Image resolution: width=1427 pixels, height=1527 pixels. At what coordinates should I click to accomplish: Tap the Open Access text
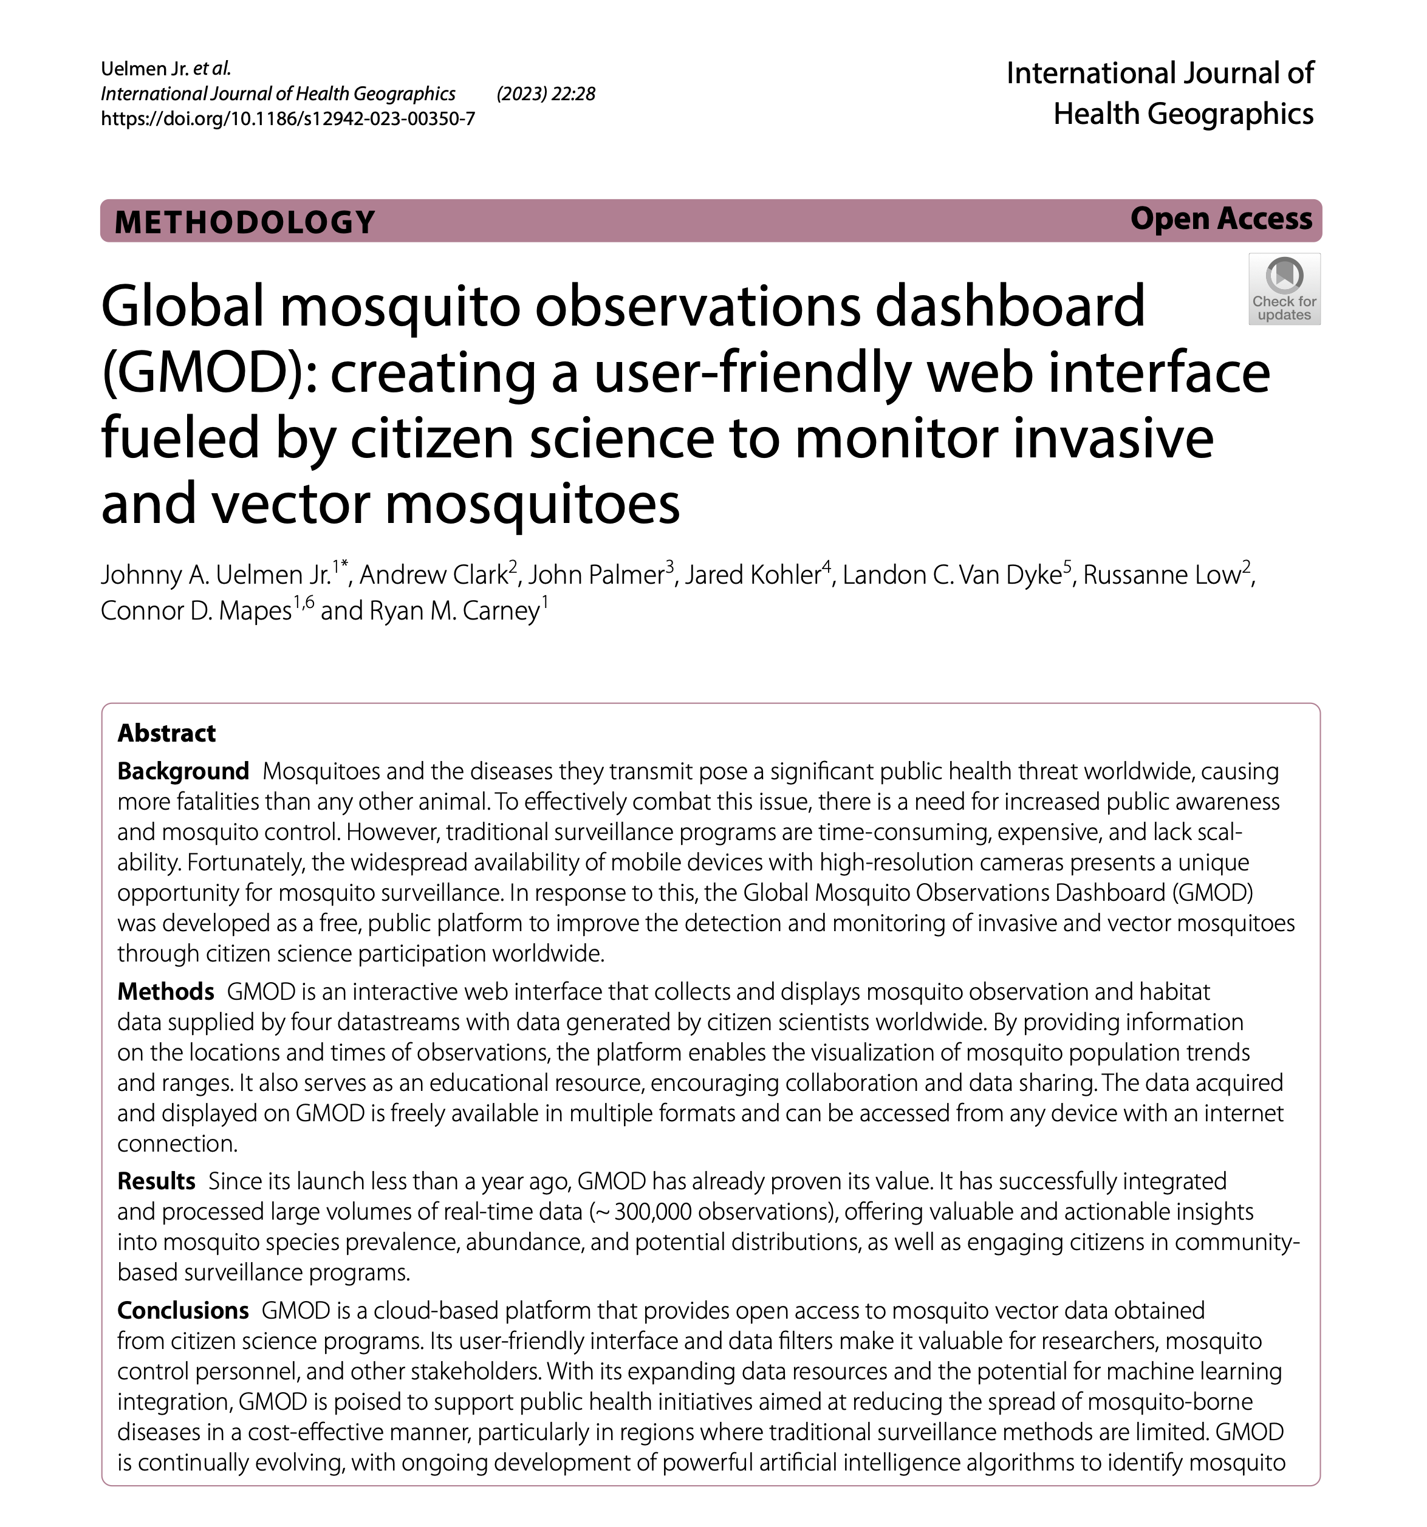[1220, 219]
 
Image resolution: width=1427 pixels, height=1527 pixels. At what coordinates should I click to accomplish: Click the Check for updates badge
[1284, 289]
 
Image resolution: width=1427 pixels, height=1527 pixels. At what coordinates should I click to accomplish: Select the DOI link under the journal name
[288, 118]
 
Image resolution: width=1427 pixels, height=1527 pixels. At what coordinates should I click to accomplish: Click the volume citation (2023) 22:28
[546, 94]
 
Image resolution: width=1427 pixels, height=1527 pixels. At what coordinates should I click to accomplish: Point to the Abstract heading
[166, 734]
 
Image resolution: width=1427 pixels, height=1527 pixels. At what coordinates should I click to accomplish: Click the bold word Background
[183, 771]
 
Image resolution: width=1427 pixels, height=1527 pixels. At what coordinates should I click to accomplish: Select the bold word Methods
[165, 992]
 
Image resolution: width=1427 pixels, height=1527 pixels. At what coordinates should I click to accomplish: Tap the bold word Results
[156, 1181]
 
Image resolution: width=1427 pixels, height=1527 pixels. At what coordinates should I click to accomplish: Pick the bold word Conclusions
[183, 1310]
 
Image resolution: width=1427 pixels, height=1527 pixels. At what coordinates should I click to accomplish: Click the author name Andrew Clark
[433, 575]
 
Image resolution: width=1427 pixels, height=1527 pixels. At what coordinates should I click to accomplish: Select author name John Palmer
[596, 575]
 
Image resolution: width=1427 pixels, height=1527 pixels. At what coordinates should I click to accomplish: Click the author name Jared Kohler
[753, 575]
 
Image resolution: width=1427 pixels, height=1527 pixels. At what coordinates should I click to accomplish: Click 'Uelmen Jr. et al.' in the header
[165, 69]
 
